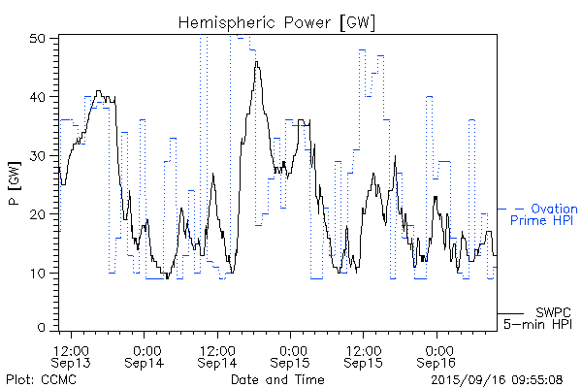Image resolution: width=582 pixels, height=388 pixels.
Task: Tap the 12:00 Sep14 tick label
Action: pos(217,355)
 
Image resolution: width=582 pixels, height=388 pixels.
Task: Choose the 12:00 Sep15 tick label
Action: pos(363,355)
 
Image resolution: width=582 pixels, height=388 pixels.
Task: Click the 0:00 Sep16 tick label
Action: pos(436,355)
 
